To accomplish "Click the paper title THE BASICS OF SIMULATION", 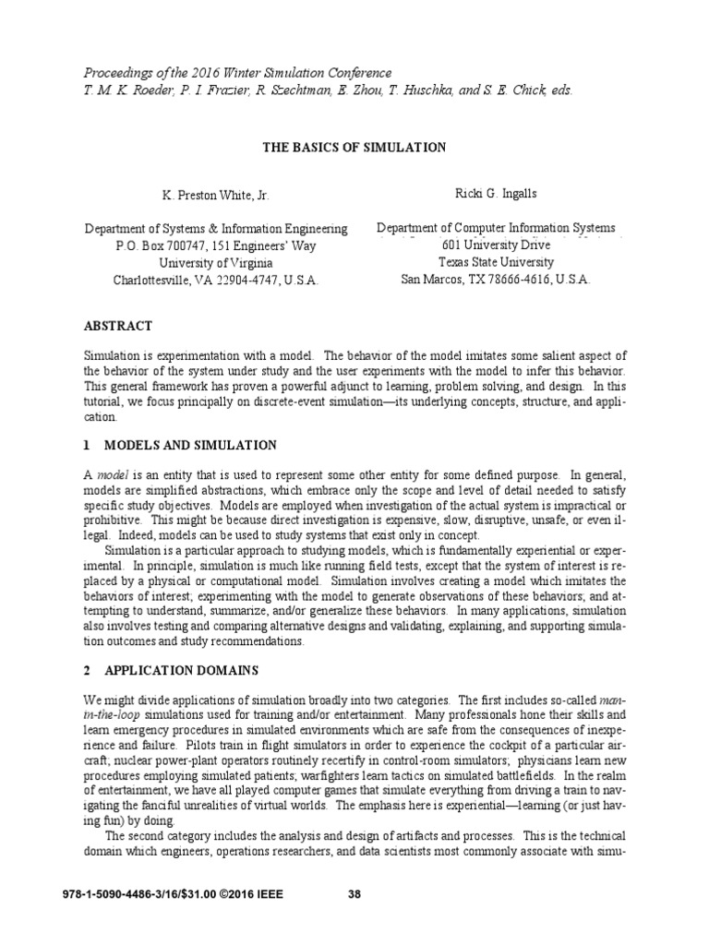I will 354,147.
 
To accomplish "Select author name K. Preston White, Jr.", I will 216,196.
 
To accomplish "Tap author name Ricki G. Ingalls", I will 496,195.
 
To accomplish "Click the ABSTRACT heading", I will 118,326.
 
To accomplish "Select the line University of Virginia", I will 216,263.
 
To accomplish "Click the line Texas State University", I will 496,262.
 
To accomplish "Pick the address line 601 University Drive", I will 496,245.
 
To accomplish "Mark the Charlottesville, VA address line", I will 216,281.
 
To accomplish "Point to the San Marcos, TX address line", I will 496,280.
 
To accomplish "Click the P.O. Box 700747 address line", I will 216,246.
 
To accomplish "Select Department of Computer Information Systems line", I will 496,228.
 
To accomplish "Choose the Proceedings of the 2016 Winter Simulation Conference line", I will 237,73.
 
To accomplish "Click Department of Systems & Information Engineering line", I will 216,229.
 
